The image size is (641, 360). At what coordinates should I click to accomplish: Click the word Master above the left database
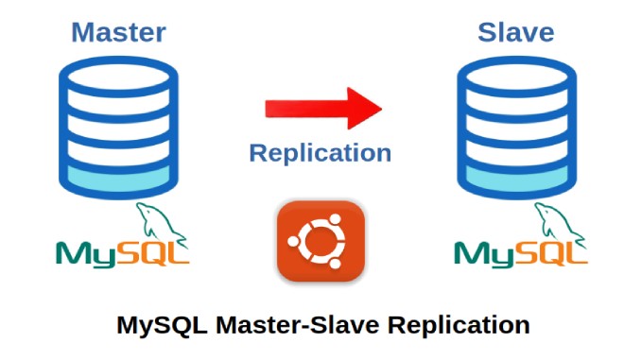coord(118,32)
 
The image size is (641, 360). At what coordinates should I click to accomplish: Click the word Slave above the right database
coord(516,32)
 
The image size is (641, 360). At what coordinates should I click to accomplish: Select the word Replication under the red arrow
coord(320,152)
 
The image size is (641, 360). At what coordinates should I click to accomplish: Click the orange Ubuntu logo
coord(320,241)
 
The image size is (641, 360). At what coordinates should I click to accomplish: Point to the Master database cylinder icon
coord(118,124)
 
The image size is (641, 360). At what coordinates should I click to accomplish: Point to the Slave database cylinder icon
coord(516,124)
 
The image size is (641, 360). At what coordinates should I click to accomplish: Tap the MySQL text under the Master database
coord(122,252)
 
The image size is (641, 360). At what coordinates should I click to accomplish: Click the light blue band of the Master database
coord(118,177)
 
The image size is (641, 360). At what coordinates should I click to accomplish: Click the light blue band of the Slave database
coord(516,177)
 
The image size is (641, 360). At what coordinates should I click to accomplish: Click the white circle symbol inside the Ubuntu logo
coord(320,242)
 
